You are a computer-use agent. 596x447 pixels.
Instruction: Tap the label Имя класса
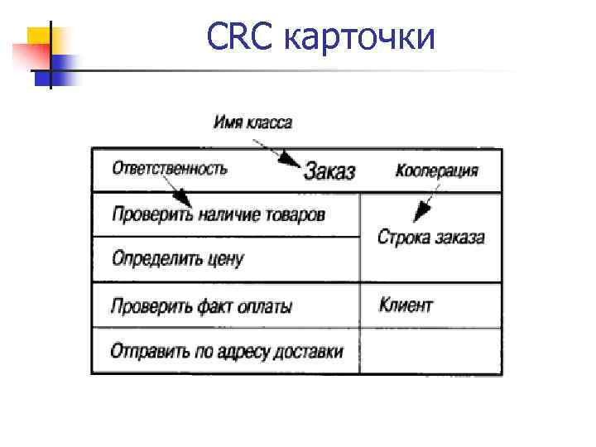coord(252,123)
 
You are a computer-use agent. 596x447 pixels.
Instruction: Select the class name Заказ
coord(329,171)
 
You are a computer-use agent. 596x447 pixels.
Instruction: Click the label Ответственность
coord(170,168)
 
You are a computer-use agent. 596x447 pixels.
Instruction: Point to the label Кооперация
coord(436,171)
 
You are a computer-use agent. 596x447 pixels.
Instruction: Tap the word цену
coord(224,260)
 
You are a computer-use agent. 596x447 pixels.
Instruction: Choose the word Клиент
coord(406,305)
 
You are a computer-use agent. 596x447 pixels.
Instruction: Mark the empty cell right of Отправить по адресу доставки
coord(430,351)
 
